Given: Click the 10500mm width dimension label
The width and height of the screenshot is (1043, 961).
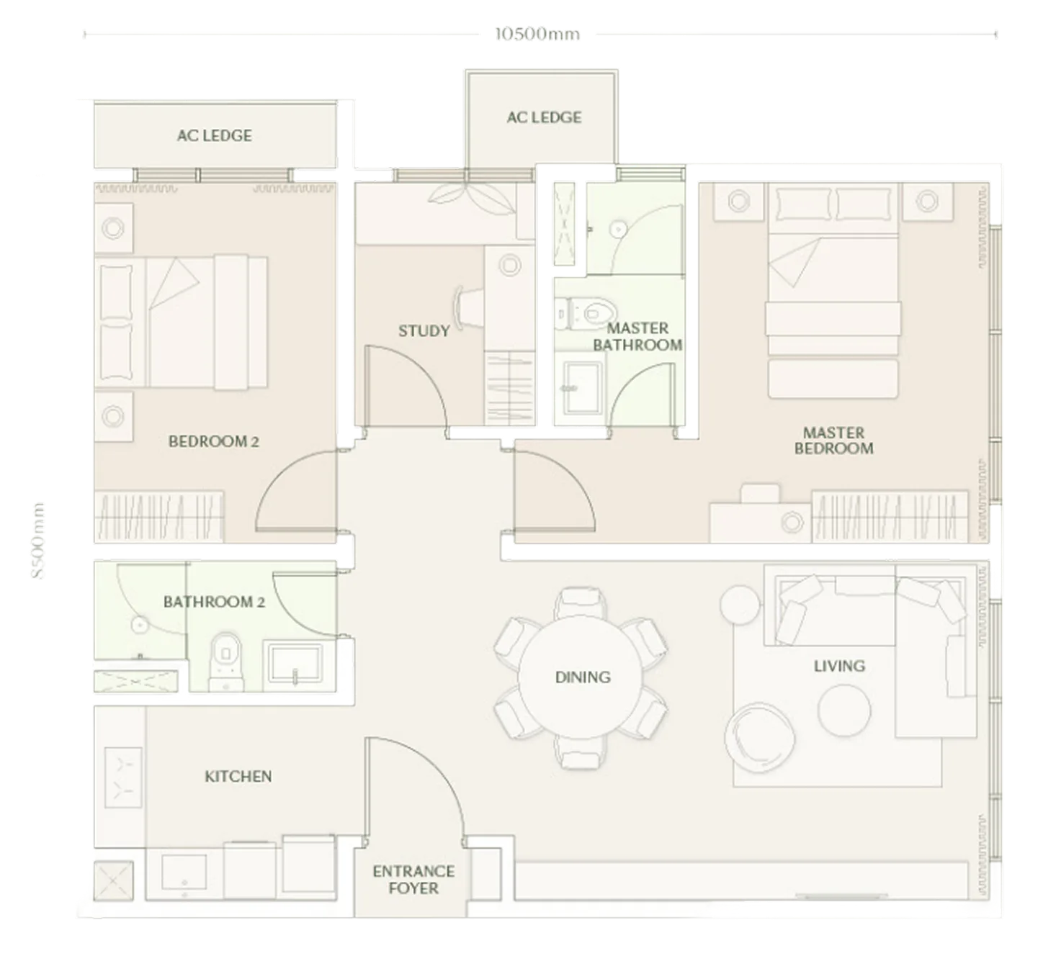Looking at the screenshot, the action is click(x=537, y=35).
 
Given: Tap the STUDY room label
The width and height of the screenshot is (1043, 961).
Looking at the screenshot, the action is click(x=424, y=330).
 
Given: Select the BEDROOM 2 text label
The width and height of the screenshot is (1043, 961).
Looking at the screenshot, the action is click(x=214, y=441).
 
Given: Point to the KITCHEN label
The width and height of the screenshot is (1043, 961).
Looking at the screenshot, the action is click(x=238, y=776).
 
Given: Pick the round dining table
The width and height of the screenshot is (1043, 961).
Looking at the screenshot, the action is click(x=581, y=677).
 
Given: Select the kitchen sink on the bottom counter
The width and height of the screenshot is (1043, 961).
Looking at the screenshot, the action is click(x=184, y=872).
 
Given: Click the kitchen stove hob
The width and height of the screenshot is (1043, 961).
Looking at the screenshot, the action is click(x=123, y=777).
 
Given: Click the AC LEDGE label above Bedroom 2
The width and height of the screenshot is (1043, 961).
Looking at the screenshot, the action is click(x=214, y=135).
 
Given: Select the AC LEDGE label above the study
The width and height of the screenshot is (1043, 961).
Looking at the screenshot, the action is click(x=544, y=117).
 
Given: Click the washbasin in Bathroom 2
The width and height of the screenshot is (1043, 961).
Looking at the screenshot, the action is click(x=295, y=662).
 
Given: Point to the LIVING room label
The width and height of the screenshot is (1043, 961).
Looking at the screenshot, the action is click(x=839, y=666).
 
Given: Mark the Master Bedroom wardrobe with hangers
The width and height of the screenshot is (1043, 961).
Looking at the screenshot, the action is click(x=890, y=517).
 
